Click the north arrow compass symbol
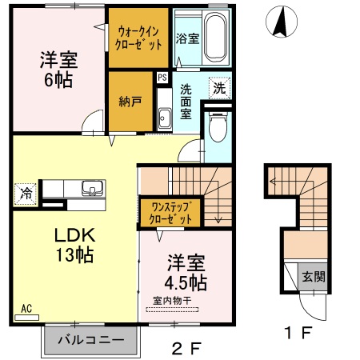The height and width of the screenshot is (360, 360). tap(280, 21)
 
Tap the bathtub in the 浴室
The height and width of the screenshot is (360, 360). tap(214, 36)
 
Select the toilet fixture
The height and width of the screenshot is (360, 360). tap(216, 126)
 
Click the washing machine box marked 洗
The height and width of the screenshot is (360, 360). tap(218, 86)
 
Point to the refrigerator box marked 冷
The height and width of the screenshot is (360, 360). tap(25, 193)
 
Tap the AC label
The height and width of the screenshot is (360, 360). tap(26, 307)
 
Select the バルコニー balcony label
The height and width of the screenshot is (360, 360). tap(90, 340)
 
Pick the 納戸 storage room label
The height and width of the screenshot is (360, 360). tap(130, 102)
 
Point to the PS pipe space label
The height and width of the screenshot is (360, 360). tap(162, 78)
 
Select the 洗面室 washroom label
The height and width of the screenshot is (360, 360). tap(186, 101)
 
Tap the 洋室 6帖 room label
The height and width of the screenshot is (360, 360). tap(57, 69)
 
